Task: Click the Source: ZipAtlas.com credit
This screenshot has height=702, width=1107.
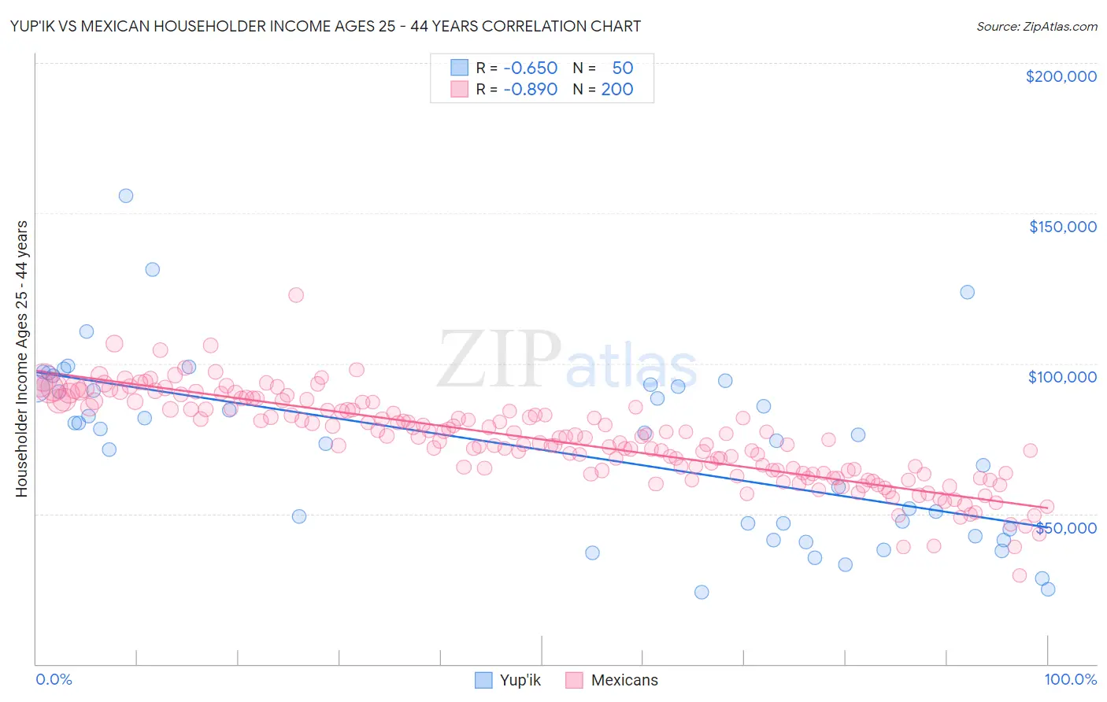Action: click(1036, 26)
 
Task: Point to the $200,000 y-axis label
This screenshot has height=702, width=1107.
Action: click(1061, 76)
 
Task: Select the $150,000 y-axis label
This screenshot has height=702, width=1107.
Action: click(1062, 227)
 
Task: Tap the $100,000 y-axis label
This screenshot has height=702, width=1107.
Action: click(1062, 377)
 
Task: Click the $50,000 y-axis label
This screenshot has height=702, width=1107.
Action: click(1067, 528)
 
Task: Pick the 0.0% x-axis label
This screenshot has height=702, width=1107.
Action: click(54, 679)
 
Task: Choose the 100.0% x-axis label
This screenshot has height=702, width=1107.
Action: click(1070, 679)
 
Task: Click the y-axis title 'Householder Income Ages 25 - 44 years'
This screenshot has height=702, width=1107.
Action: click(21, 359)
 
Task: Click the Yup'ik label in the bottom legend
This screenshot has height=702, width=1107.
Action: click(520, 680)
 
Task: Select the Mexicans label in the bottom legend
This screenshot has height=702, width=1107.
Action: click(624, 680)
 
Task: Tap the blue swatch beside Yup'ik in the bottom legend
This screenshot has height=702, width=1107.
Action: click(483, 680)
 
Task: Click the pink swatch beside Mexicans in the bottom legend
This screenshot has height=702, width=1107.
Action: click(574, 680)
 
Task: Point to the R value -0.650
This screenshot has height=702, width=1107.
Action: click(530, 68)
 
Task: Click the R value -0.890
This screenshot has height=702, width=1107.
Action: click(530, 89)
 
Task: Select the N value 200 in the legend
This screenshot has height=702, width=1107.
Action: click(617, 89)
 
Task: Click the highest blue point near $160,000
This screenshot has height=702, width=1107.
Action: click(126, 196)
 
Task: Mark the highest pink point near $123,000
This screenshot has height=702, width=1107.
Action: click(296, 295)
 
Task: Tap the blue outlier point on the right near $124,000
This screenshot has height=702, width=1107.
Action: click(967, 292)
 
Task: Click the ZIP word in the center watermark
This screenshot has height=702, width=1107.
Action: click(498, 360)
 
